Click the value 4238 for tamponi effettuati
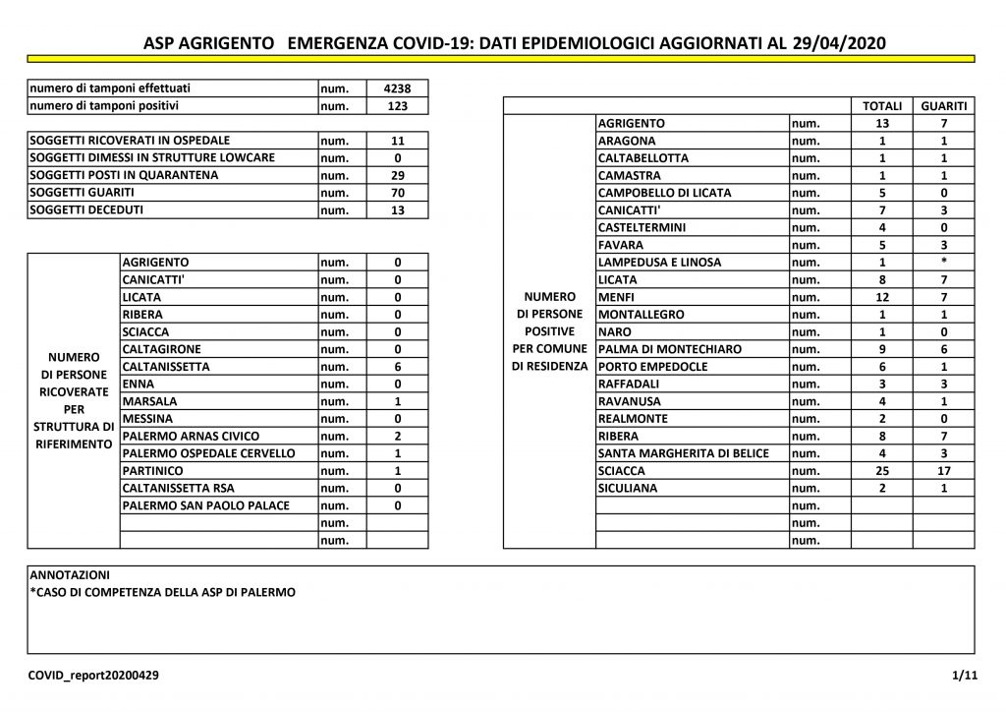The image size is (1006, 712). click(398, 89)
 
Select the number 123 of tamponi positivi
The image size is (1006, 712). click(398, 106)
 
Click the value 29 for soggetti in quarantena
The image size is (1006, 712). click(398, 175)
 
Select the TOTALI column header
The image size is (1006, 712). click(881, 106)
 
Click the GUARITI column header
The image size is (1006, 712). click(943, 106)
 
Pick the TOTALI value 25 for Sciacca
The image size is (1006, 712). click(881, 471)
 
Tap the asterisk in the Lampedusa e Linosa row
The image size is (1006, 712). click(943, 263)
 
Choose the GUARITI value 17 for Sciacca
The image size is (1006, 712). click(943, 471)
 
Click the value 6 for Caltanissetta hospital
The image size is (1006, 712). click(398, 367)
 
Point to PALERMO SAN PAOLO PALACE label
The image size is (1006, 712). click(206, 505)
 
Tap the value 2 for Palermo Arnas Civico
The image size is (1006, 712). click(398, 436)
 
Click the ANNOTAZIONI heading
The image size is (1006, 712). click(71, 575)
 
